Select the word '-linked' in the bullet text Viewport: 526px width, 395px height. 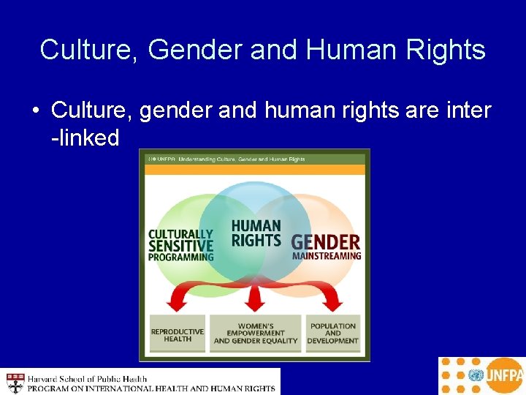pyautogui.click(x=85, y=137)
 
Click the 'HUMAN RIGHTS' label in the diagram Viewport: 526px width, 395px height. pyautogui.click(x=256, y=233)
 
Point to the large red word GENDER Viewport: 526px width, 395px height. pyautogui.click(x=325, y=242)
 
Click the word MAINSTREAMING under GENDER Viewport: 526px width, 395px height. pyautogui.click(x=327, y=257)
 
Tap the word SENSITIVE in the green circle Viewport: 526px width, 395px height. pyautogui.click(x=180, y=247)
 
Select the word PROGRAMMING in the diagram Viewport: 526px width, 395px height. pyautogui.click(x=180, y=257)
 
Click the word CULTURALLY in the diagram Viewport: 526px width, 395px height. pyautogui.click(x=180, y=235)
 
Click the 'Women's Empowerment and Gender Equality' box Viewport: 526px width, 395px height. pyautogui.click(x=256, y=334)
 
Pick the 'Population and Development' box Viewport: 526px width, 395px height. pyautogui.click(x=332, y=334)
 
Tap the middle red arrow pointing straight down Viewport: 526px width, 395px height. pyautogui.click(x=255, y=298)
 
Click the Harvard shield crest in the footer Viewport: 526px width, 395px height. pyautogui.click(x=15, y=383)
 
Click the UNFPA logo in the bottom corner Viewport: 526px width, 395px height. pyautogui.click(x=481, y=376)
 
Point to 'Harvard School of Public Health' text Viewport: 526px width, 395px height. pyautogui.click(x=88, y=378)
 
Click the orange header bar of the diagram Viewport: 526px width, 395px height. pyautogui.click(x=254, y=169)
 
